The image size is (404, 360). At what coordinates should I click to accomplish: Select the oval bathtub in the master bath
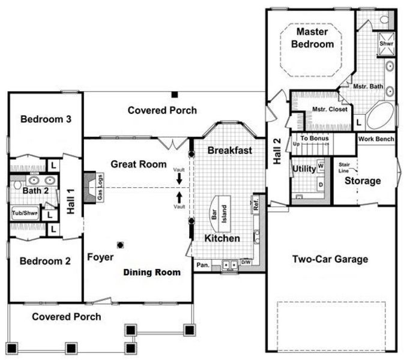(x=380, y=115)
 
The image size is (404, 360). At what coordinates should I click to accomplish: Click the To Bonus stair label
(x=314, y=139)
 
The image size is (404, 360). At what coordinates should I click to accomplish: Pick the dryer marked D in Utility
(x=321, y=184)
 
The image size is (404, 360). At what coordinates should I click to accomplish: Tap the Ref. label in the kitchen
(x=255, y=204)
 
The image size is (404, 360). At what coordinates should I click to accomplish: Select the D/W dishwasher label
(x=246, y=262)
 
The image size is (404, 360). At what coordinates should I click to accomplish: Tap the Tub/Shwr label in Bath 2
(x=24, y=213)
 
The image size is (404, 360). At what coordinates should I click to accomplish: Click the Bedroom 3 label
(x=46, y=119)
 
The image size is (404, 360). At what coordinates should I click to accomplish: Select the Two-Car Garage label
(x=330, y=259)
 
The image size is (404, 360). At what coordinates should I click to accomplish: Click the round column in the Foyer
(x=121, y=244)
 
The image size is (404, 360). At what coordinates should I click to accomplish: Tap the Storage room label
(x=362, y=181)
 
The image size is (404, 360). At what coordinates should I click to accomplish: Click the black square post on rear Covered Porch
(x=173, y=95)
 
